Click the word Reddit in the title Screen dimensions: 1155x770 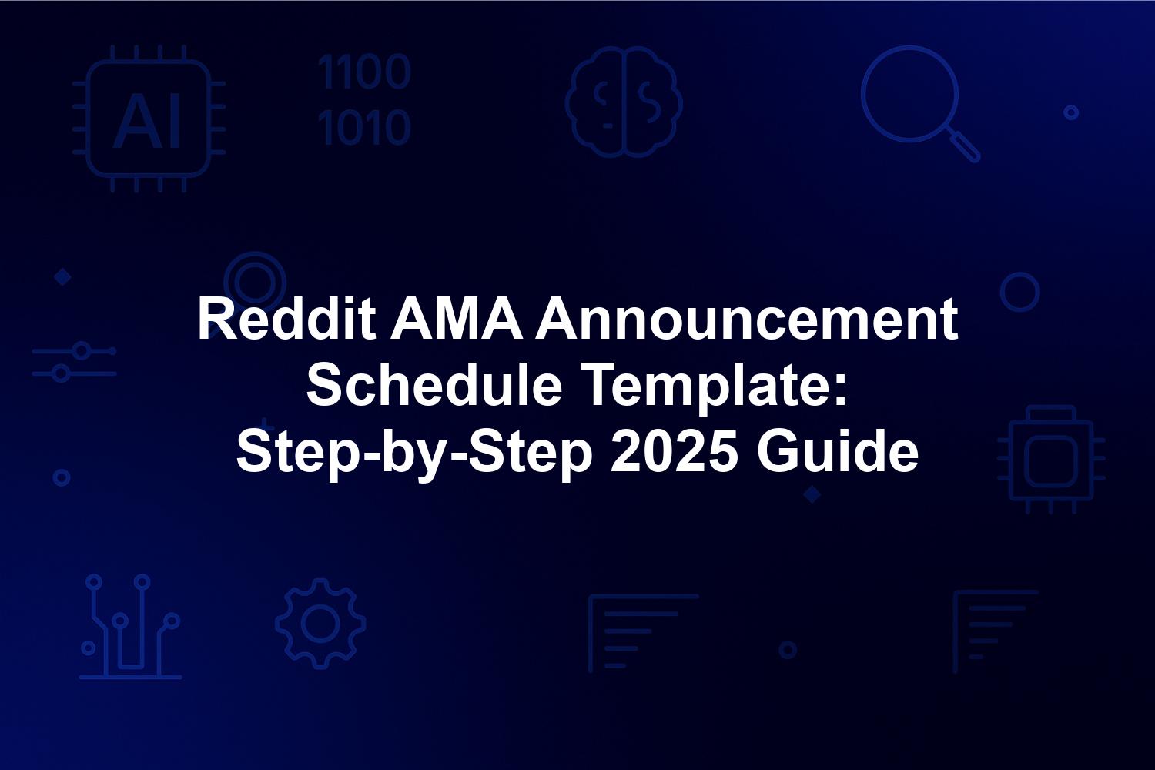point(286,319)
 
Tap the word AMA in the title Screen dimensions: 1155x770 point(457,319)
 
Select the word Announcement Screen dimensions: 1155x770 point(747,319)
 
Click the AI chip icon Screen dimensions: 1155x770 point(149,119)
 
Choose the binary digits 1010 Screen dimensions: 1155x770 point(364,127)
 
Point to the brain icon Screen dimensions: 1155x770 point(624,102)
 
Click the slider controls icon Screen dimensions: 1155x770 point(74,362)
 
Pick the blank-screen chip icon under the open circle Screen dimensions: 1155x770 point(1051,460)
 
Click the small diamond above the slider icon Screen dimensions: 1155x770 point(63,277)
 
